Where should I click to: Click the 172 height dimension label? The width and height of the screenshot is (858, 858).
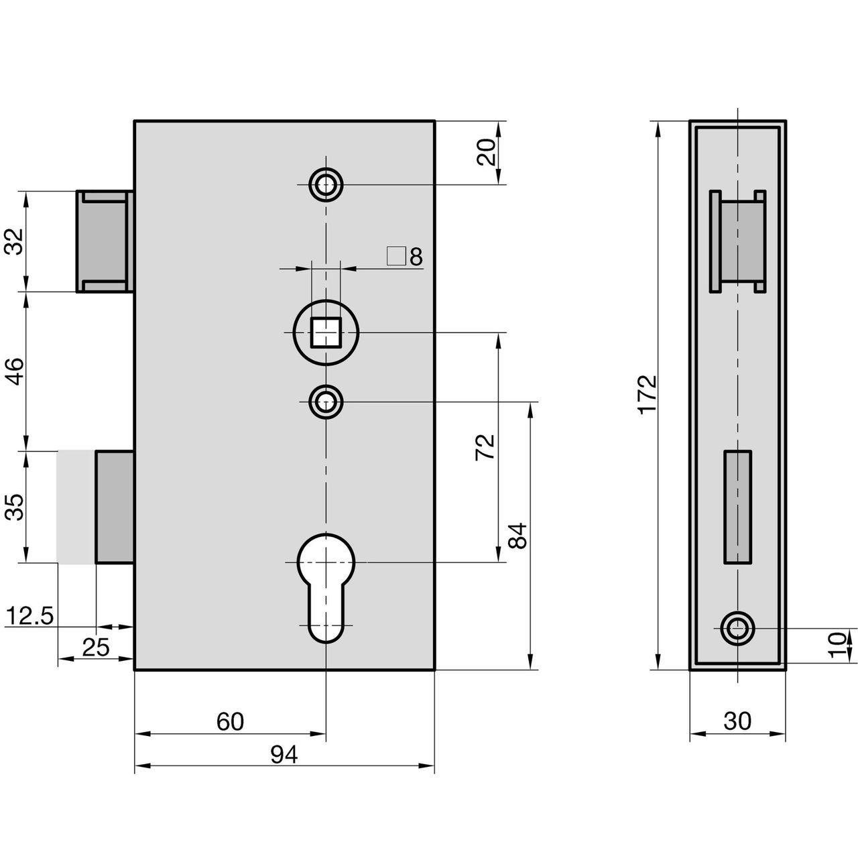pyautogui.click(x=648, y=395)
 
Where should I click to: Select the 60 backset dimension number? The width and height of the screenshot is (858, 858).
pyautogui.click(x=230, y=734)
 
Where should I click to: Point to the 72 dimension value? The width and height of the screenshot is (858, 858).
pyautogui.click(x=485, y=447)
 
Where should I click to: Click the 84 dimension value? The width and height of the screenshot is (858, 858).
pyautogui.click(x=518, y=536)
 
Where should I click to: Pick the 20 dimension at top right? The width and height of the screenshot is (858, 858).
pyautogui.click(x=486, y=152)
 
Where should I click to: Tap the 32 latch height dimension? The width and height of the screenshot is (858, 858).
pyautogui.click(x=13, y=241)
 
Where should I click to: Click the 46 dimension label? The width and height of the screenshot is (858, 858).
pyautogui.click(x=13, y=371)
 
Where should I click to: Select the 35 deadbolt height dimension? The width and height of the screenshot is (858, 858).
pyautogui.click(x=13, y=507)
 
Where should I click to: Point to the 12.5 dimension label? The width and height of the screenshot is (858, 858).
pyautogui.click(x=30, y=617)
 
